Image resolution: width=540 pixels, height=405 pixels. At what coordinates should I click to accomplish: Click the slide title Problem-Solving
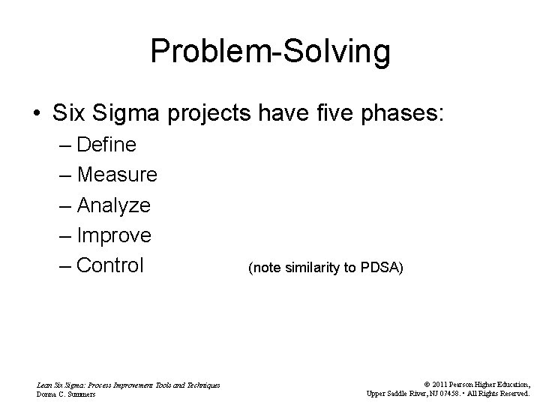click(270, 52)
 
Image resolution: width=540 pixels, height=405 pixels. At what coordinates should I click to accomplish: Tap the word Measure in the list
click(117, 175)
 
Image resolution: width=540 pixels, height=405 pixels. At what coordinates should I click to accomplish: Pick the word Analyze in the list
click(114, 205)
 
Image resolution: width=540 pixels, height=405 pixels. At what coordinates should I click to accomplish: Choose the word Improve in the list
click(114, 235)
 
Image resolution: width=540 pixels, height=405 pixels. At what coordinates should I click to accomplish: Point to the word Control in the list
click(110, 266)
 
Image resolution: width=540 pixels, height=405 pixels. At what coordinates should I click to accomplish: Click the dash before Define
click(64, 144)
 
